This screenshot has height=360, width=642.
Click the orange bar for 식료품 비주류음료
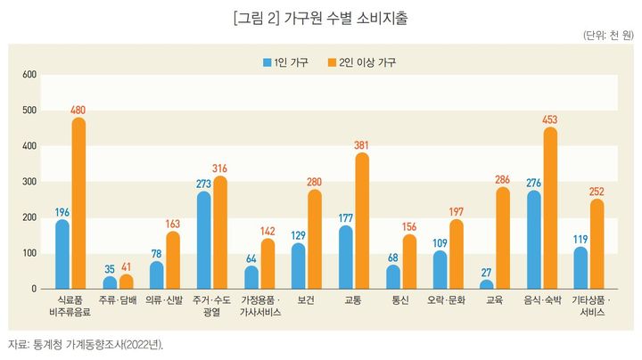pyautogui.click(x=78, y=204)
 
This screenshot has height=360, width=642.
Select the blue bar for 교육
pyautogui.click(x=487, y=284)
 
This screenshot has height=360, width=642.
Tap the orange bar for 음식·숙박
pyautogui.click(x=550, y=209)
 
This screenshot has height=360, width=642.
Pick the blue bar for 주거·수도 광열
pyautogui.click(x=204, y=241)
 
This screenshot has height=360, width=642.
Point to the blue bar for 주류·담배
pyautogui.click(x=110, y=282)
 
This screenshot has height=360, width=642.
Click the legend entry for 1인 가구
pyautogui.click(x=285, y=62)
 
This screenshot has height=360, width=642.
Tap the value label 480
pyautogui.click(x=78, y=110)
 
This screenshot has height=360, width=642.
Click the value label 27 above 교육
pyautogui.click(x=487, y=272)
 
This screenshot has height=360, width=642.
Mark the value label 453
pyautogui.click(x=550, y=119)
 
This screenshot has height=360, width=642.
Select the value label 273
pyautogui.click(x=204, y=184)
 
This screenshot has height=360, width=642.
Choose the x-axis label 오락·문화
pyautogui.click(x=448, y=301)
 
